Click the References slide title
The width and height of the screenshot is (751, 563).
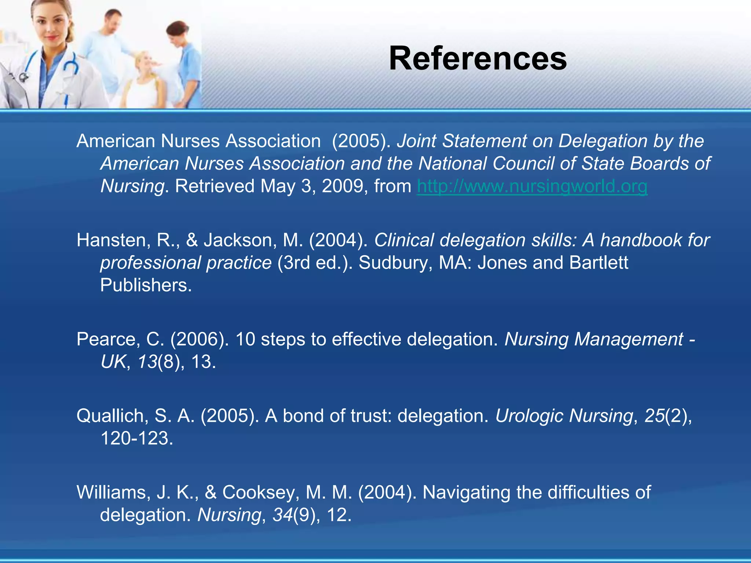coord(477,59)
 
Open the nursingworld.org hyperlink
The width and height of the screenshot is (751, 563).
coord(532,186)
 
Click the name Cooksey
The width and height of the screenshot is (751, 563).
coord(259,492)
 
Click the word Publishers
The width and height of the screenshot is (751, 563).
coord(146,286)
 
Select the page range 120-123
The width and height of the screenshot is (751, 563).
coord(136,438)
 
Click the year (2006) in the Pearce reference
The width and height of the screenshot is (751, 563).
coord(199,339)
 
